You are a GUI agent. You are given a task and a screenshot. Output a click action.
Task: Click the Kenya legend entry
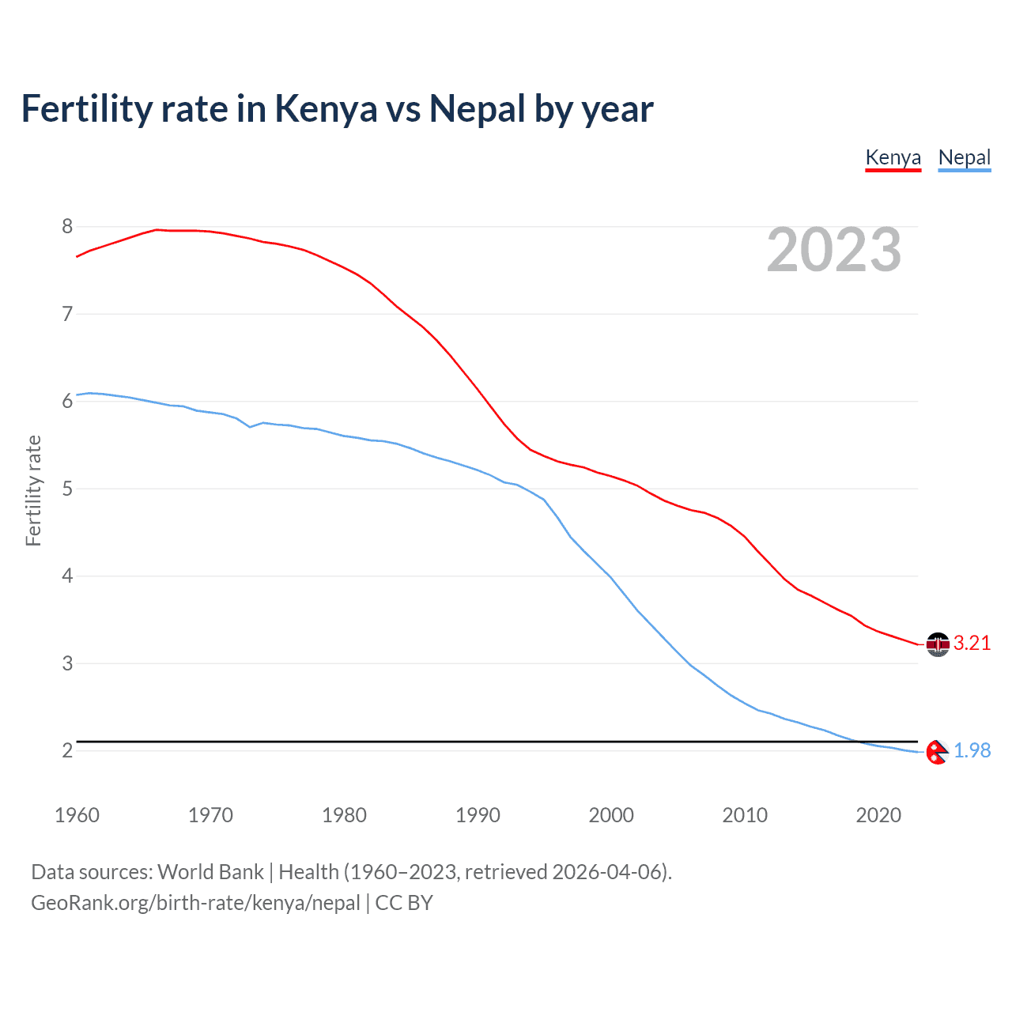coord(893,157)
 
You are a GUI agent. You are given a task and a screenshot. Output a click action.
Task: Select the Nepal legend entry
coord(964,157)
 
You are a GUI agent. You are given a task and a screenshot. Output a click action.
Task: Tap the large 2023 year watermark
coord(833,250)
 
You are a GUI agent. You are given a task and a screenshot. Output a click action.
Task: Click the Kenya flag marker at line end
coord(938,644)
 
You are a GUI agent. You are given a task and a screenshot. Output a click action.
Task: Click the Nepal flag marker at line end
coord(938,752)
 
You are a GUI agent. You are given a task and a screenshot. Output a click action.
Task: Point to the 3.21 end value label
coord(972,644)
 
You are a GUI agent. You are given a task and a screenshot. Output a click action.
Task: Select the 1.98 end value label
coord(972,751)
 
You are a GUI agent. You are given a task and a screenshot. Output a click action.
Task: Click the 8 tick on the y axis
coord(67,227)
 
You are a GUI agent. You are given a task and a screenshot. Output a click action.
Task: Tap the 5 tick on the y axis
coord(67,489)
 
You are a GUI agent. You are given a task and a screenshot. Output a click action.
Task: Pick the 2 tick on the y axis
coord(67,751)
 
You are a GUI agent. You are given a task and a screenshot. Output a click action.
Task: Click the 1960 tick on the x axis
coord(77,815)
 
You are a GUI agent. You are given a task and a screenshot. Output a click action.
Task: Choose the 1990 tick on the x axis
coord(478,815)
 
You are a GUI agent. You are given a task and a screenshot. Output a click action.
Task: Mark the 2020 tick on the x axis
coord(878,815)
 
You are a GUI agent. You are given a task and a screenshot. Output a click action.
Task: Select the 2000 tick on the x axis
coord(611,815)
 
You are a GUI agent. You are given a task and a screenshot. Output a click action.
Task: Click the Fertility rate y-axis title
coord(33,490)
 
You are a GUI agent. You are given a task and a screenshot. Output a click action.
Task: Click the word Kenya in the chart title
coord(326,109)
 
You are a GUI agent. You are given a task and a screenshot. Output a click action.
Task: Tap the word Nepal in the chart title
coord(477,109)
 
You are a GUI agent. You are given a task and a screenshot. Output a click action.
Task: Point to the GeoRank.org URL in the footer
coord(195,903)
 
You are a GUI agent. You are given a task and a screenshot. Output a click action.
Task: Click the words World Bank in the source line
coord(210,872)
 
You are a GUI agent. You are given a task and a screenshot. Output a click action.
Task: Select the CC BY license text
coord(404,903)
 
